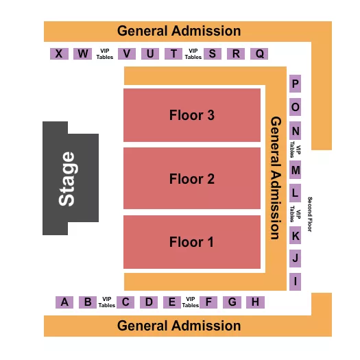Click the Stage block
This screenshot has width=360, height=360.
69,178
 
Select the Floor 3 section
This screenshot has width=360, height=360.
192,115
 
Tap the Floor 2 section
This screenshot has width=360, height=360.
192,179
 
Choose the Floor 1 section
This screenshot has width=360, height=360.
192,242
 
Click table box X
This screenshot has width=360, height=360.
60,53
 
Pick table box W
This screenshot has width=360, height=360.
82,53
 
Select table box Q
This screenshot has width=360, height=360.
259,53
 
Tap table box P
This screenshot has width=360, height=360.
296,84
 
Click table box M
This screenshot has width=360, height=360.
296,169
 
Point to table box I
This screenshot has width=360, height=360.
296,280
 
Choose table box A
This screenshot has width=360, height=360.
64,302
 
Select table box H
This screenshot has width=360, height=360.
254,302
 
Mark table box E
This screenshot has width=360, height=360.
171,302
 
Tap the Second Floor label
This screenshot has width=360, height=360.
310,215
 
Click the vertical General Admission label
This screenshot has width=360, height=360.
276,177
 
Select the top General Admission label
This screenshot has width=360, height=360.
179,31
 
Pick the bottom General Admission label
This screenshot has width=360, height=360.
179,326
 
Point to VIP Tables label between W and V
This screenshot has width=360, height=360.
104,53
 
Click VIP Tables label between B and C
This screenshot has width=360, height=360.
106,302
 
